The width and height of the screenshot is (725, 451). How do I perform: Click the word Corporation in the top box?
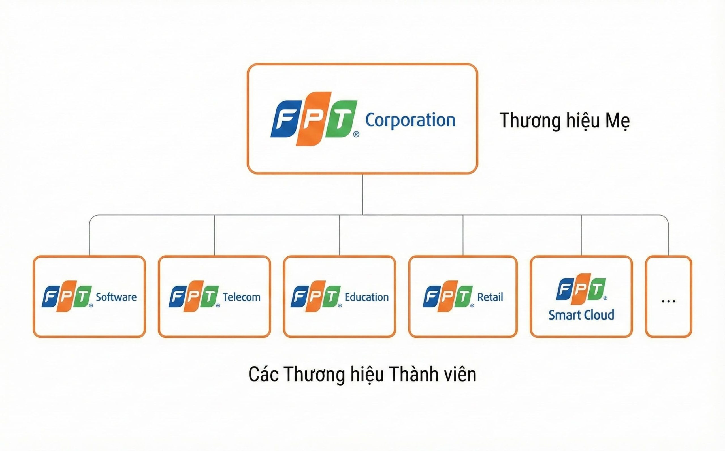(410, 120)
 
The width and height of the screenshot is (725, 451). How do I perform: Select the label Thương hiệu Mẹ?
(565, 121)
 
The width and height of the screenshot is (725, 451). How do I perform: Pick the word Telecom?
(242, 297)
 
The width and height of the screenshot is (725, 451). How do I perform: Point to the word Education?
(367, 297)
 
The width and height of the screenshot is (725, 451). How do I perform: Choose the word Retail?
(490, 297)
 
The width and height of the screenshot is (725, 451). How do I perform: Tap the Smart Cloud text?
(581, 315)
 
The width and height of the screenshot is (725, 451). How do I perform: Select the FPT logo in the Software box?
(67, 296)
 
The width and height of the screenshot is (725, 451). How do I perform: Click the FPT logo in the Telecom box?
(194, 296)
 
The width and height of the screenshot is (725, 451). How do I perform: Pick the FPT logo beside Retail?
(448, 296)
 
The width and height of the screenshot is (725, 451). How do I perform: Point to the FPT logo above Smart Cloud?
(581, 289)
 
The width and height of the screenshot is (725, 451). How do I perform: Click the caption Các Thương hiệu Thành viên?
(362, 374)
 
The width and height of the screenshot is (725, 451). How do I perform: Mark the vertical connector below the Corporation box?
(362, 194)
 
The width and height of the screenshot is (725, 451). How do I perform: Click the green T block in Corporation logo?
(341, 119)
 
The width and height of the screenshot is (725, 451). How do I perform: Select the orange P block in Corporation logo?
(314, 119)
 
